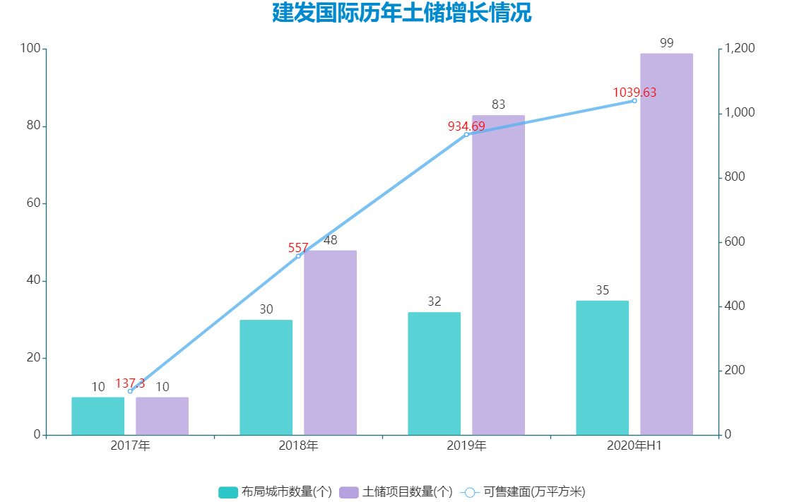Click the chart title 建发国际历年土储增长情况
pyautogui.click(x=401, y=13)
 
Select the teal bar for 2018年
pyautogui.click(x=266, y=377)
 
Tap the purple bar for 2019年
pyautogui.click(x=498, y=275)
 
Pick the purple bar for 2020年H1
pyautogui.click(x=666, y=244)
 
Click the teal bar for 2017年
pyautogui.click(x=98, y=416)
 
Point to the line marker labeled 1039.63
pyautogui.click(x=634, y=101)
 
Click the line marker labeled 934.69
pyautogui.click(x=466, y=134)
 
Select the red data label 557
pyautogui.click(x=298, y=248)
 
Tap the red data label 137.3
pyautogui.click(x=130, y=383)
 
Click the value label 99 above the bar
pyautogui.click(x=666, y=43)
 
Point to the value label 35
pyautogui.click(x=602, y=290)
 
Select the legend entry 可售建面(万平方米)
pyautogui.click(x=523, y=492)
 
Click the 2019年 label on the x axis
pyautogui.click(x=466, y=446)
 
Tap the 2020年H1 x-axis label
pyautogui.click(x=634, y=446)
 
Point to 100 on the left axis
pyautogui.click(x=30, y=49)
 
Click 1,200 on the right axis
pyautogui.click(x=740, y=49)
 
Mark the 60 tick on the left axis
pyautogui.click(x=32, y=203)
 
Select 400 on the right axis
pyautogui.click(x=735, y=306)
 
